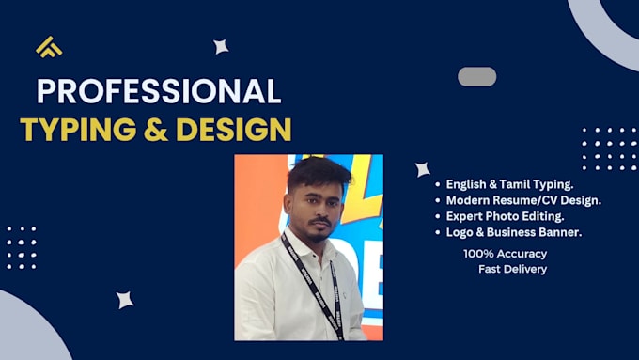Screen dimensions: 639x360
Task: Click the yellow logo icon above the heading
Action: pyautogui.click(x=49, y=47)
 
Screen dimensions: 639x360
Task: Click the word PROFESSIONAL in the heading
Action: pyautogui.click(x=159, y=91)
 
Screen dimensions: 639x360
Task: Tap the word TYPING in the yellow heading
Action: pyautogui.click(x=78, y=129)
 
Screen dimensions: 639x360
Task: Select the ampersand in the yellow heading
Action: pyautogui.click(x=156, y=129)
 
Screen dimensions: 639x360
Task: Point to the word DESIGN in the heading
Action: pyautogui.click(x=234, y=129)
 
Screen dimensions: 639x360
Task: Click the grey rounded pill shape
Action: pyautogui.click(x=476, y=77)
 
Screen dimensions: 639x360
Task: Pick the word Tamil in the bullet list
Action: pyautogui.click(x=514, y=184)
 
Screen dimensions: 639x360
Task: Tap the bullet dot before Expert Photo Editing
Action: pyautogui.click(x=438, y=216)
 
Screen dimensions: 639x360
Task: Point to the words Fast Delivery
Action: pyautogui.click(x=513, y=269)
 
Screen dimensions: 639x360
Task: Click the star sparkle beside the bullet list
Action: pyautogui.click(x=423, y=169)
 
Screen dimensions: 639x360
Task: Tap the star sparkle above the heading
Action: pyautogui.click(x=221, y=47)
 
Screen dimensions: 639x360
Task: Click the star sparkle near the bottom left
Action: pyautogui.click(x=125, y=300)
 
